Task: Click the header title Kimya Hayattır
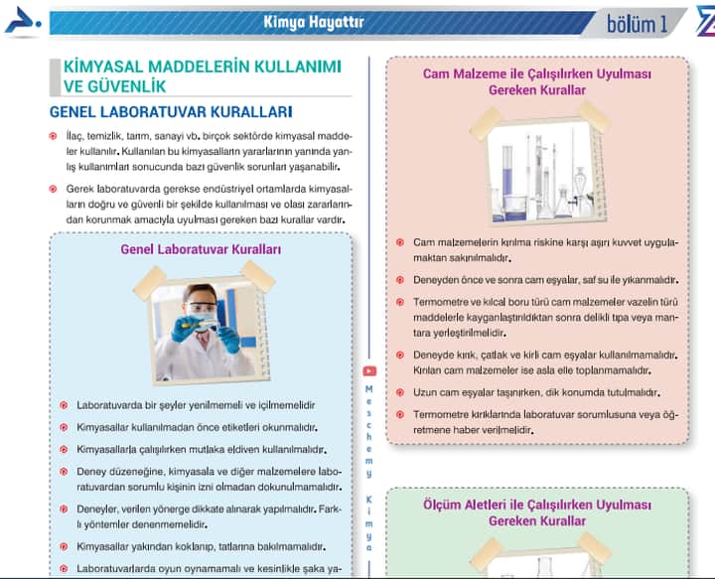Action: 314,21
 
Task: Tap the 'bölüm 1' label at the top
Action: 637,23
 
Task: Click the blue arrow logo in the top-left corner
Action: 22,22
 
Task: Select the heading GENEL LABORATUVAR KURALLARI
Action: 170,111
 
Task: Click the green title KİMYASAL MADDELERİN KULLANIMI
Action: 202,67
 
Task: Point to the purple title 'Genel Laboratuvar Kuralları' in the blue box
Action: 201,249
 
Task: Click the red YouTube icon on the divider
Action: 369,371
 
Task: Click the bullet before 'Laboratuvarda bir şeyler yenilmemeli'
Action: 63,405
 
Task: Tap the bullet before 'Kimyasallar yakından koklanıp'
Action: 63,547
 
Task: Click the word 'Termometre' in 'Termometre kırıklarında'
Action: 443,412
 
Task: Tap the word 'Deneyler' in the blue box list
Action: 98,508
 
